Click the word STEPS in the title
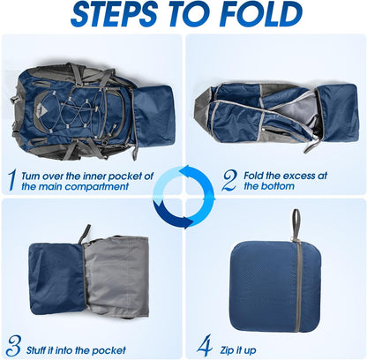(114, 14)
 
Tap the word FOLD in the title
(261, 14)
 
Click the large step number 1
(11, 180)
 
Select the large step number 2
(229, 180)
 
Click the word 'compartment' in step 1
(97, 186)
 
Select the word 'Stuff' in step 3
(35, 350)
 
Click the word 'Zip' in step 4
(226, 350)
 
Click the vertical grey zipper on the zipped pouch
(298, 286)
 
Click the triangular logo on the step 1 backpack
(42, 109)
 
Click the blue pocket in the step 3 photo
(56, 278)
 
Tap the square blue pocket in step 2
(338, 113)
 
